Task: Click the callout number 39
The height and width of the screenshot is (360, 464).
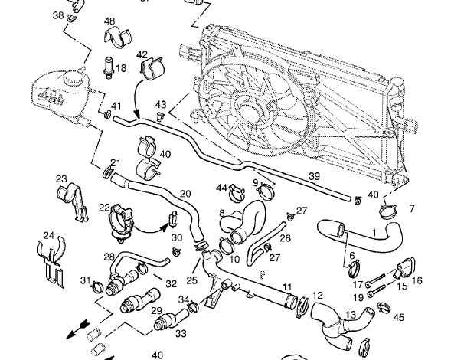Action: pyautogui.click(x=314, y=177)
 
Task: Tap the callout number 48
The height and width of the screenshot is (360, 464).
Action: pyautogui.click(x=110, y=21)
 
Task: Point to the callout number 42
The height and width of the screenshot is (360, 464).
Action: pyautogui.click(x=142, y=55)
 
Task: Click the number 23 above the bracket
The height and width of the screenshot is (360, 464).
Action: pyautogui.click(x=62, y=178)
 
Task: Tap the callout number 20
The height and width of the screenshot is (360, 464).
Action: pyautogui.click(x=185, y=193)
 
